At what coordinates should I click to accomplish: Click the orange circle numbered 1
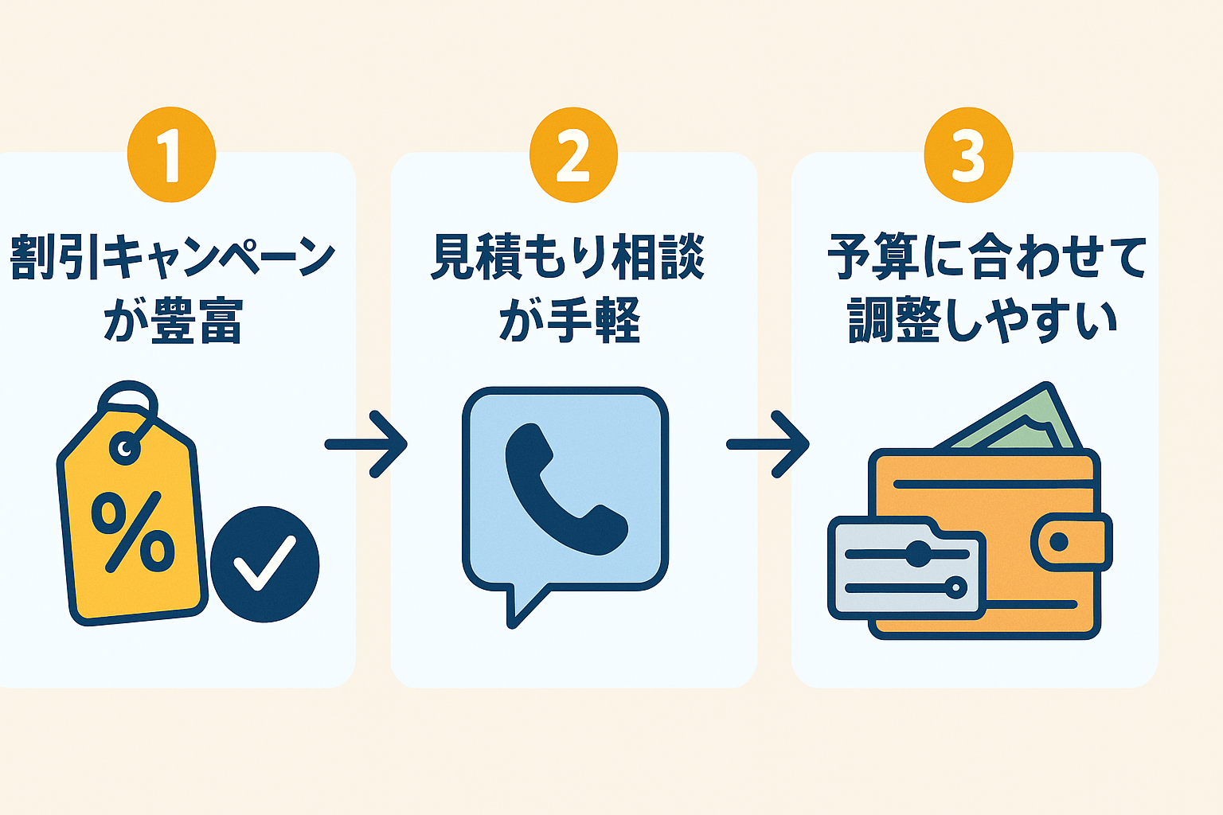tap(171, 154)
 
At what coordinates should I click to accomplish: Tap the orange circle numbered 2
tap(573, 154)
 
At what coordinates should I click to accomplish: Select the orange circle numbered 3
tap(968, 154)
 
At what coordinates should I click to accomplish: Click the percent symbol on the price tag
tap(133, 532)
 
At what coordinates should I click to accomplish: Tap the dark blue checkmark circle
tap(265, 563)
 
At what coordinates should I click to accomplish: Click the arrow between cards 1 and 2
tap(367, 444)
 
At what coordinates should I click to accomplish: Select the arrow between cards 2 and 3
tap(768, 444)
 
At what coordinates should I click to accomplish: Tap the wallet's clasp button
tap(1060, 543)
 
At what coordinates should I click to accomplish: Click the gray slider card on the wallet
tap(907, 568)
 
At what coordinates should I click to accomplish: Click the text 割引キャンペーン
tap(172, 256)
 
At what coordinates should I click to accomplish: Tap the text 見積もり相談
tap(568, 256)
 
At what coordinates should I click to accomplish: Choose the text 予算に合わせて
tap(987, 256)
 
